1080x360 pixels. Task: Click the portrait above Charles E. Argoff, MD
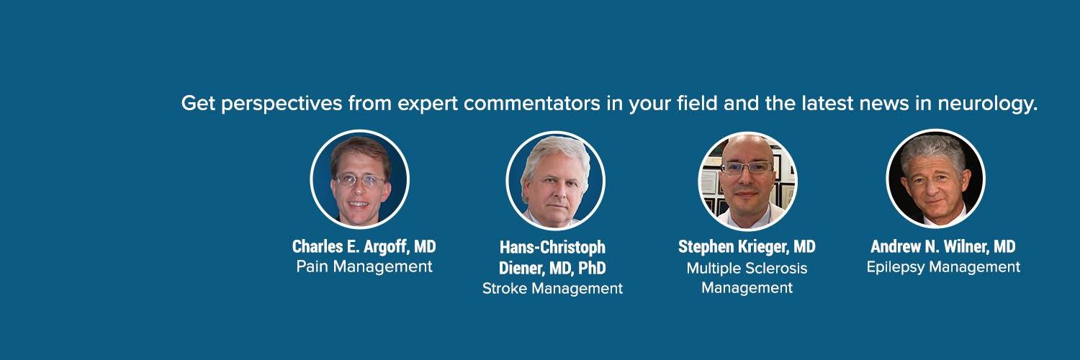[359, 179]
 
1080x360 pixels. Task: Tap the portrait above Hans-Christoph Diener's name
[555, 180]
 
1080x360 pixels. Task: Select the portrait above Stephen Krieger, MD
[747, 180]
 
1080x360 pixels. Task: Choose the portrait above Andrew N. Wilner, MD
[935, 179]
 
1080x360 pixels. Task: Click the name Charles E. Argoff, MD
[364, 247]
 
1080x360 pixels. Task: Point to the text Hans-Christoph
[552, 248]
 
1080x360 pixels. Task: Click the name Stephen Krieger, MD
[747, 247]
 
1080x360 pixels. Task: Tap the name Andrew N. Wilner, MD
[942, 247]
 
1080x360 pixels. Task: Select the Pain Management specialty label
[364, 267]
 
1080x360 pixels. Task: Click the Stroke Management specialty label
[552, 289]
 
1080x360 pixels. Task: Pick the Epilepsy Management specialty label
[942, 267]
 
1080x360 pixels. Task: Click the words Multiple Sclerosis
[747, 269]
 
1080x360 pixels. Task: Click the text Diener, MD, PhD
[552, 269]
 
